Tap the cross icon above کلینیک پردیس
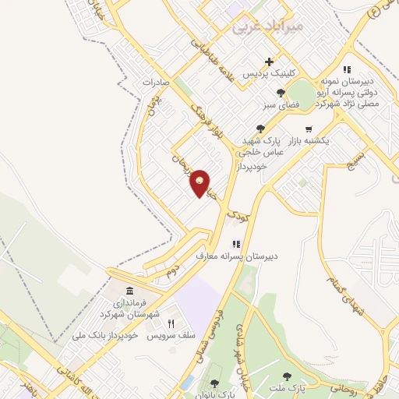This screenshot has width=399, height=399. [x=270, y=62]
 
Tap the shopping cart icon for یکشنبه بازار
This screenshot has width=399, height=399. [x=309, y=129]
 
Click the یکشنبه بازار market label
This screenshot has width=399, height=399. [x=309, y=141]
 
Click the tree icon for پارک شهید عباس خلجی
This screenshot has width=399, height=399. [x=260, y=129]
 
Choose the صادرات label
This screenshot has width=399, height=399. [x=156, y=81]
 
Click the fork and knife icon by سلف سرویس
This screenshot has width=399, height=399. [x=171, y=323]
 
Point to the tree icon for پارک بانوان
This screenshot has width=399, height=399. [x=214, y=383]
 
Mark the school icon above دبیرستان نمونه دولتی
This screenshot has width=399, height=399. [x=347, y=69]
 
